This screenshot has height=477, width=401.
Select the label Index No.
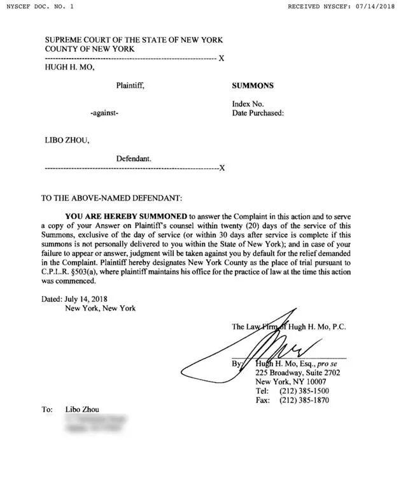(x=245, y=104)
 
